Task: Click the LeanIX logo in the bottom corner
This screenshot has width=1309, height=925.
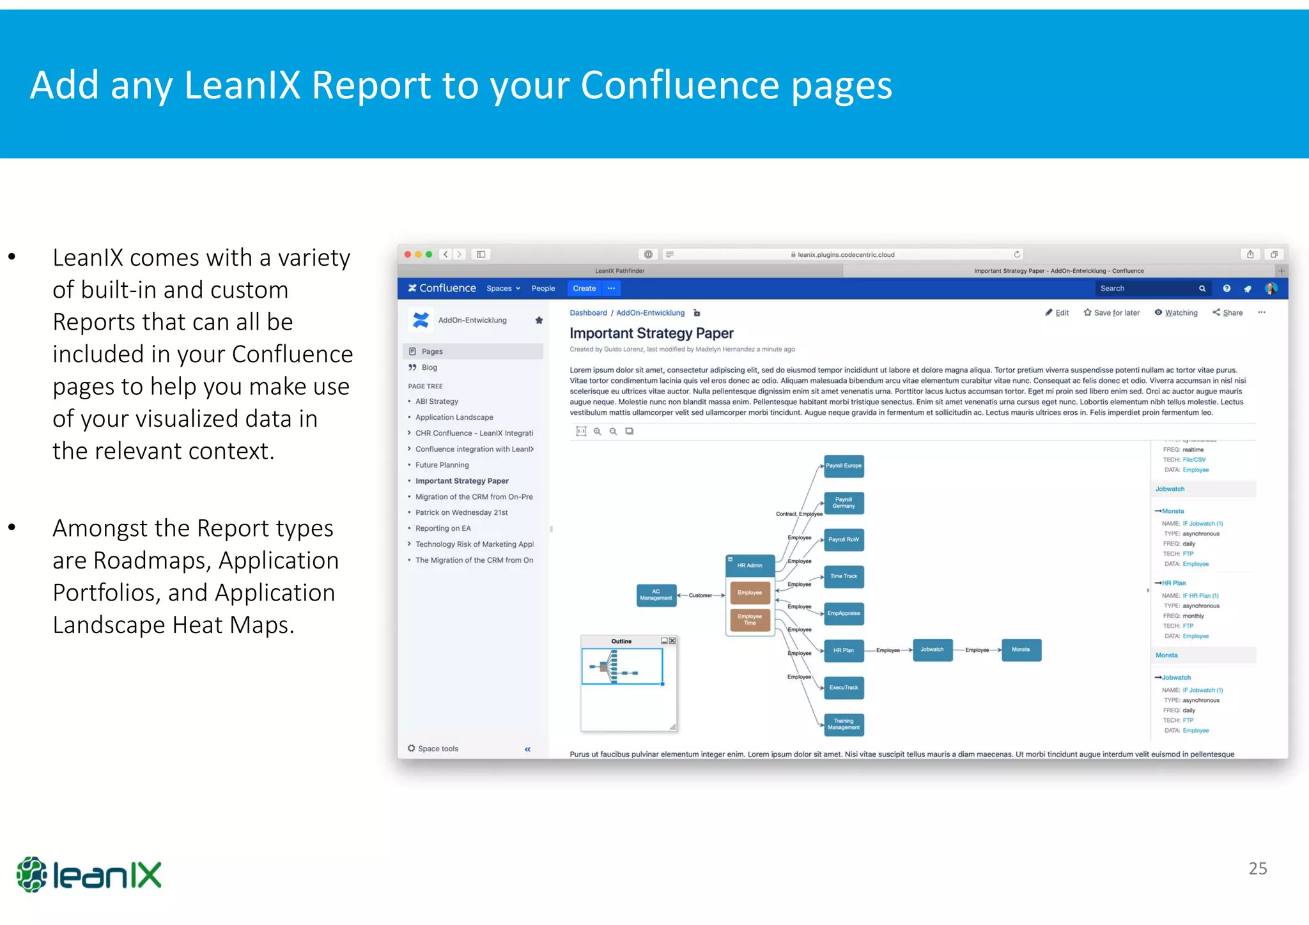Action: coord(89,875)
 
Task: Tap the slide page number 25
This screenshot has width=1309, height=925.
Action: coord(1257,868)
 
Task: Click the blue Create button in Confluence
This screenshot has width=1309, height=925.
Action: coord(584,288)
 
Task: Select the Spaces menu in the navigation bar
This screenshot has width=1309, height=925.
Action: coord(503,288)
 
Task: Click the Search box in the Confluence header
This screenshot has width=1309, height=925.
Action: coord(1147,288)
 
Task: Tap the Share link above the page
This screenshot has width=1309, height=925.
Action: coord(1228,312)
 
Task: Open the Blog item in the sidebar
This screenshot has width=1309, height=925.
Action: coord(429,367)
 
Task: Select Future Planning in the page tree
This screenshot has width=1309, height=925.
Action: coord(442,465)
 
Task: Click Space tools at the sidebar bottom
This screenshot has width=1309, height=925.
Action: coord(438,749)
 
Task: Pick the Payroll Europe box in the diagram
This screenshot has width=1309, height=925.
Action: coord(844,466)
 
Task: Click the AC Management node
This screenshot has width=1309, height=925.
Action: coord(656,595)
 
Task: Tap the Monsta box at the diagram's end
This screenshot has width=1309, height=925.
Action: coord(1021,650)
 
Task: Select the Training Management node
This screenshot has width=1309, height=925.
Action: coord(844,724)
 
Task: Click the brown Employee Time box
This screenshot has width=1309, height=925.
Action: coord(750,620)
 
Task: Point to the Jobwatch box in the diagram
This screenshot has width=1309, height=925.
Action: coord(932,650)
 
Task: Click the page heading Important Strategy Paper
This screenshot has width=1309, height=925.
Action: coord(651,333)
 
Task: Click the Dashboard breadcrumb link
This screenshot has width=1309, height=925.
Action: coord(588,312)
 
